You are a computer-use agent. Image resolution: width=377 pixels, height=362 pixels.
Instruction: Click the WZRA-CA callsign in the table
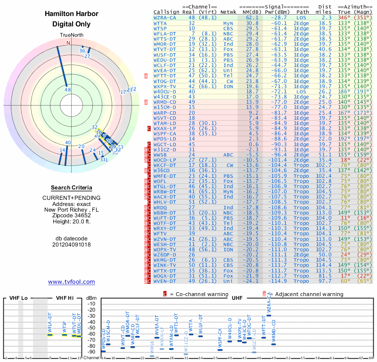click(x=165, y=17)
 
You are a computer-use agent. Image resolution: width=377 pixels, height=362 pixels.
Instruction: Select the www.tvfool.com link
click(x=72, y=282)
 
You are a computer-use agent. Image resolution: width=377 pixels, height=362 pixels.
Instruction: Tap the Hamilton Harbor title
click(x=72, y=14)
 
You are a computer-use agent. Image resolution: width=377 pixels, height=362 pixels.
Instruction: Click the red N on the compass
click(x=68, y=43)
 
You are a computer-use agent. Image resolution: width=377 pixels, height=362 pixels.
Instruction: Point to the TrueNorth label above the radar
click(x=72, y=36)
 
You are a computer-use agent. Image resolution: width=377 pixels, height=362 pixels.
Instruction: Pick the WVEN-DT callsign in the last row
click(x=165, y=281)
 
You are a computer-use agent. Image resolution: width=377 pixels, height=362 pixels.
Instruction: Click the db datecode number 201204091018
click(x=72, y=245)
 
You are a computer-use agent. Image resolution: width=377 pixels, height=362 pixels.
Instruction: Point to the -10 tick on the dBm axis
click(x=91, y=304)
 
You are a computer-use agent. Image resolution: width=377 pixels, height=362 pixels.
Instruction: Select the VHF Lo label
click(x=18, y=298)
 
